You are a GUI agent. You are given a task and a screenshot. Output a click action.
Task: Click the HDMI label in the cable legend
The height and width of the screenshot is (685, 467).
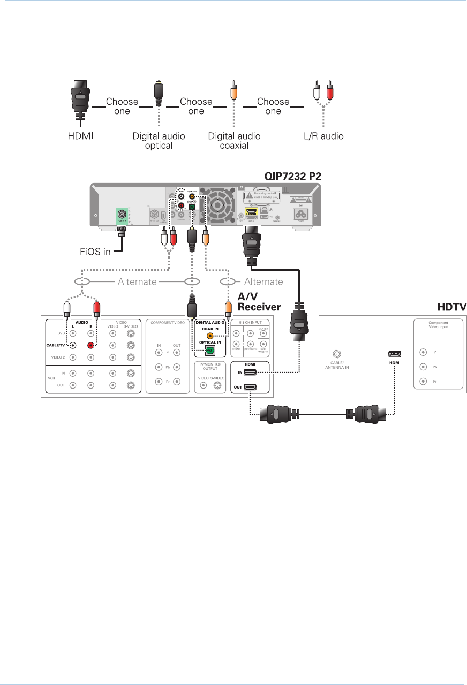pyautogui.click(x=81, y=136)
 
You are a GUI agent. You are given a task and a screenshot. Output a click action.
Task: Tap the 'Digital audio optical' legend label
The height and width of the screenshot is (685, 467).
pyautogui.click(x=159, y=141)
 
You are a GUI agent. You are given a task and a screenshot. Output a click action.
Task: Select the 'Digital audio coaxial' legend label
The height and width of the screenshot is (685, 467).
pyautogui.click(x=234, y=141)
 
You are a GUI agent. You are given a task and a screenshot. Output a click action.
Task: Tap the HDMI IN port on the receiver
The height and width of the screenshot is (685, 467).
pyautogui.click(x=250, y=371)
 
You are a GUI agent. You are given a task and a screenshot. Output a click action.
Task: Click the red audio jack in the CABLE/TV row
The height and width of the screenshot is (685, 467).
pyautogui.click(x=91, y=346)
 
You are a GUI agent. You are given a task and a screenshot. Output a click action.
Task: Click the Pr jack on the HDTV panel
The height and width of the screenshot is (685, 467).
pyautogui.click(x=424, y=382)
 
